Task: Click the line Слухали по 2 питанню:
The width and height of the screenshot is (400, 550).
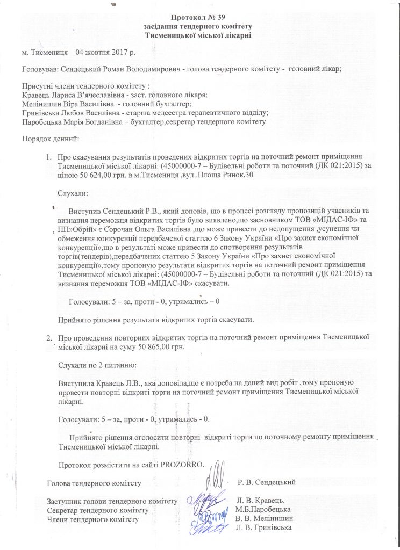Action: pyautogui.click(x=97, y=364)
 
